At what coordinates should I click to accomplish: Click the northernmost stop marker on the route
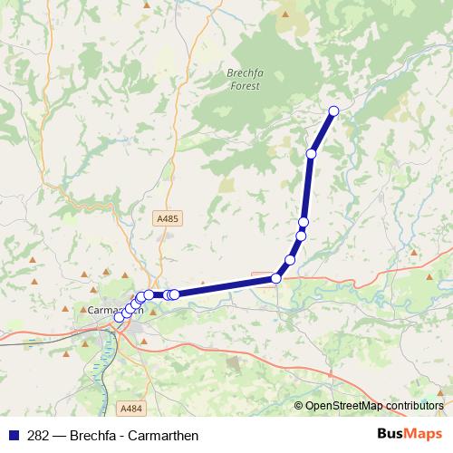[x=333, y=111]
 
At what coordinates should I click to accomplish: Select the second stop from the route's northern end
[x=312, y=154]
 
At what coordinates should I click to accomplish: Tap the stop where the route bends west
[x=276, y=278]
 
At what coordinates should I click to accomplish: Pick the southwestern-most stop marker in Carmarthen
[x=119, y=317]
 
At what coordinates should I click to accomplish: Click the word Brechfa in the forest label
[x=243, y=74]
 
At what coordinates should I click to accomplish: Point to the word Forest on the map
[x=245, y=86]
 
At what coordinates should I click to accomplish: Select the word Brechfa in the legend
[x=90, y=436]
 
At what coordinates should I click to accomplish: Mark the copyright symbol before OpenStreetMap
[x=299, y=407]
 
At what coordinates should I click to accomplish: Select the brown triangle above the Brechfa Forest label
[x=285, y=14]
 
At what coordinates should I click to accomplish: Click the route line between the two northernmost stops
[x=323, y=132]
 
